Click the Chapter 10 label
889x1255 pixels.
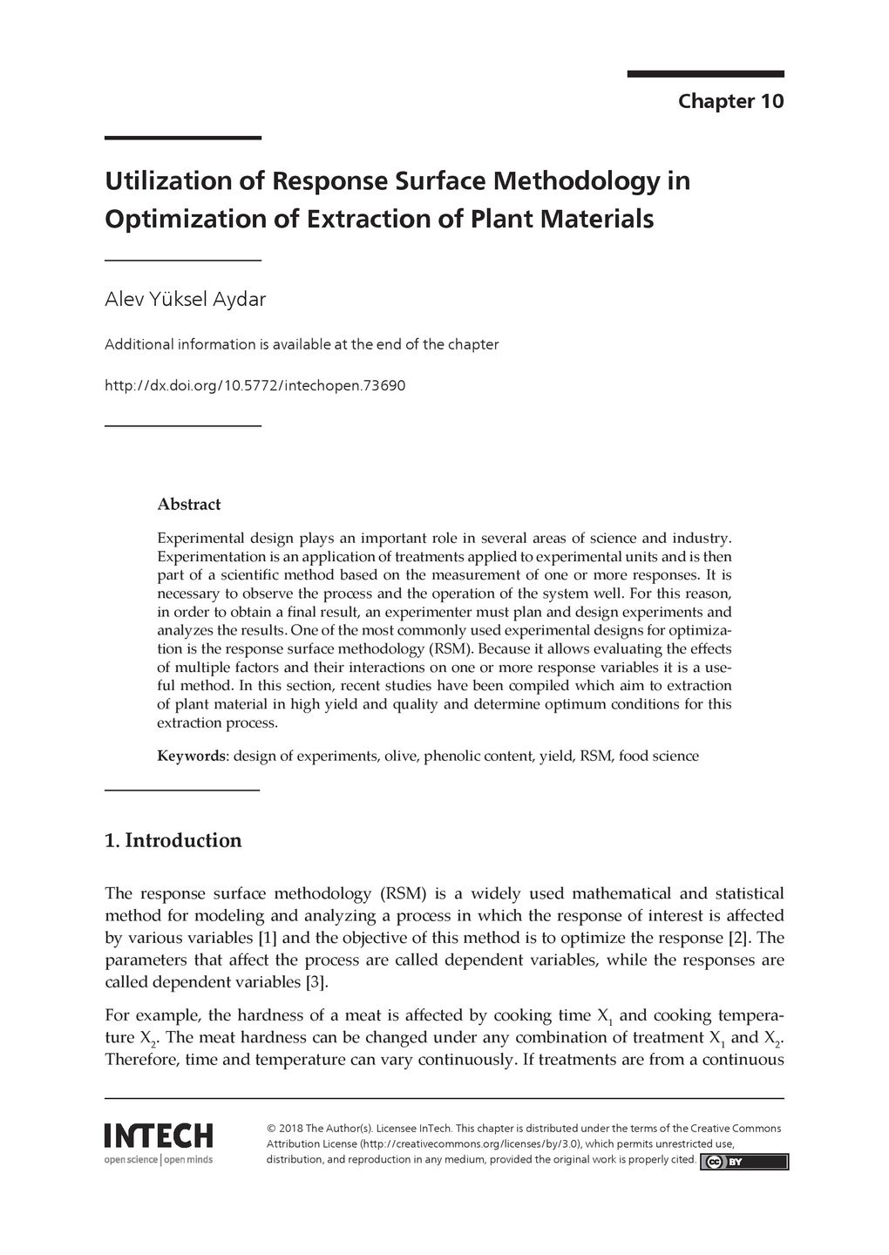click(730, 101)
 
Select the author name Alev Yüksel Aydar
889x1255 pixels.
click(185, 300)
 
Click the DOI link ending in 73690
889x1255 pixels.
click(254, 384)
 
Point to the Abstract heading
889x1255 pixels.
click(188, 505)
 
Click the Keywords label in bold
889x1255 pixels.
click(191, 756)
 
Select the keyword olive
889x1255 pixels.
click(397, 756)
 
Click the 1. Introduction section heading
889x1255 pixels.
click(173, 841)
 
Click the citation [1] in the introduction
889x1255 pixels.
click(267, 939)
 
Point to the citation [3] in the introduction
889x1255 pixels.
click(316, 982)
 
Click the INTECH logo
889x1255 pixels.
click(158, 1136)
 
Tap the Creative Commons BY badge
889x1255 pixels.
click(743, 1161)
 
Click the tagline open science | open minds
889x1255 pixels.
click(158, 1160)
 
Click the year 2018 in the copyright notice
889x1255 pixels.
click(291, 1129)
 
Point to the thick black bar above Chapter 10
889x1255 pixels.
click(705, 75)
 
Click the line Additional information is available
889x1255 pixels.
click(302, 344)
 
